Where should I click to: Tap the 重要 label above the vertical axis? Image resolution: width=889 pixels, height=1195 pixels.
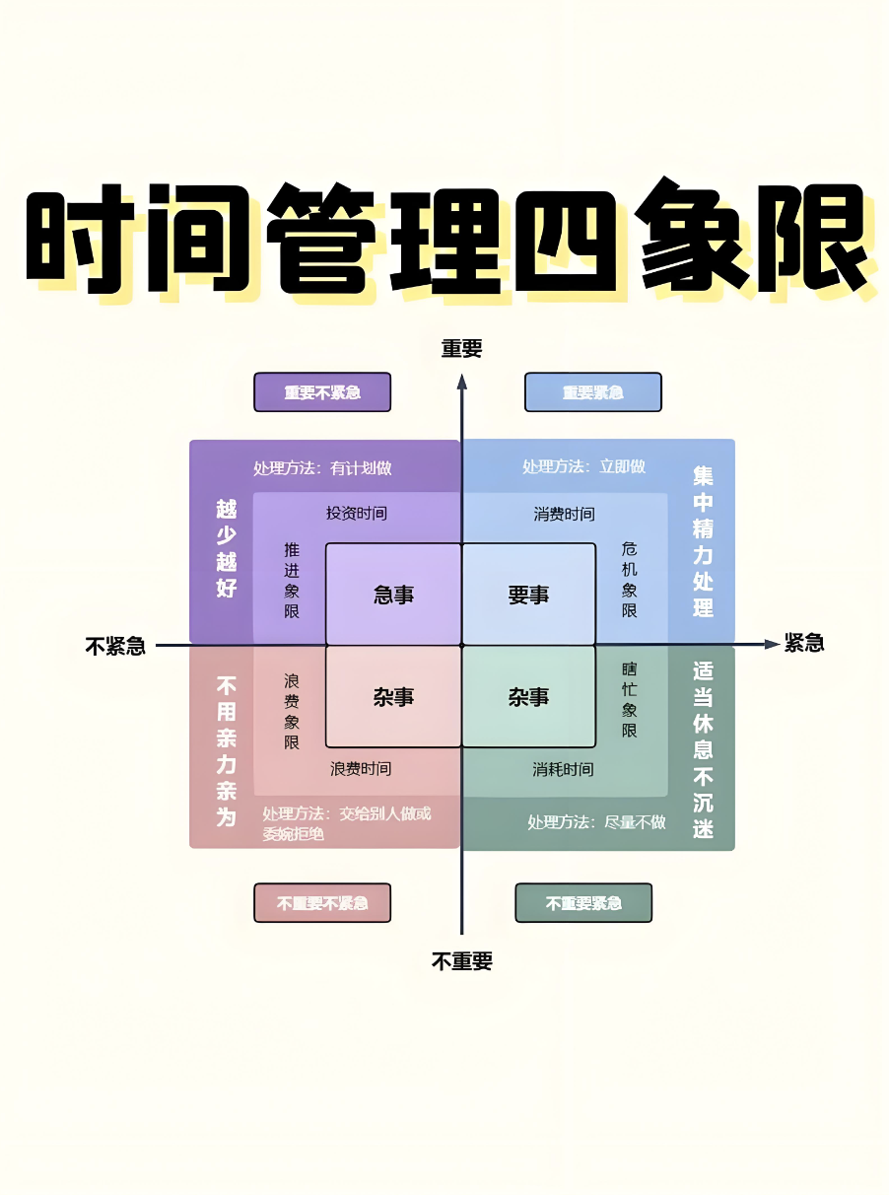(461, 348)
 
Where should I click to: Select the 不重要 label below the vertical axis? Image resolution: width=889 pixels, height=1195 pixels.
(461, 961)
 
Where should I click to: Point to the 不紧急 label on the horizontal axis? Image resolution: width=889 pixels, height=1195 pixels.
(115, 646)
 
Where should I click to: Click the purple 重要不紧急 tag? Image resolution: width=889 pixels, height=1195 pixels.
(322, 391)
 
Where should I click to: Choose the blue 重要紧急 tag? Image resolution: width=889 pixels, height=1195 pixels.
(592, 391)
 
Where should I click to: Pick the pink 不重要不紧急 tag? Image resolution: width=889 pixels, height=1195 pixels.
(322, 902)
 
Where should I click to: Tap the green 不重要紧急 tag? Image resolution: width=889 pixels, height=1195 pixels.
(583, 902)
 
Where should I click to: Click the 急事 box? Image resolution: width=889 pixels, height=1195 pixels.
(393, 595)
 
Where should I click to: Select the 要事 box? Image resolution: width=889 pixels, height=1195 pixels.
(528, 595)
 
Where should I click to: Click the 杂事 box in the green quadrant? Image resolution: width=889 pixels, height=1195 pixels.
(528, 697)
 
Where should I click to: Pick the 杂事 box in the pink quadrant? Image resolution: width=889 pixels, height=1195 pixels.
(393, 697)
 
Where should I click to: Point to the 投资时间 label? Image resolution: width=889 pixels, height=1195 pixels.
(357, 514)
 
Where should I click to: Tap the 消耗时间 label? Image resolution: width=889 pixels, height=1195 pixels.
(564, 769)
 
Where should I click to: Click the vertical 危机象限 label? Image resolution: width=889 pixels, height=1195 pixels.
(630, 580)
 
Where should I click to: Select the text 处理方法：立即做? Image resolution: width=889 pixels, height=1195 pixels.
(583, 466)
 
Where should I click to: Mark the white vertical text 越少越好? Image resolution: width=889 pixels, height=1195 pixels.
(227, 549)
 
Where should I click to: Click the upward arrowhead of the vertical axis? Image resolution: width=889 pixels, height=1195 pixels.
(461, 382)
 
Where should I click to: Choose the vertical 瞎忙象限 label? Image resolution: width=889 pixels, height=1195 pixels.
(630, 700)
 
